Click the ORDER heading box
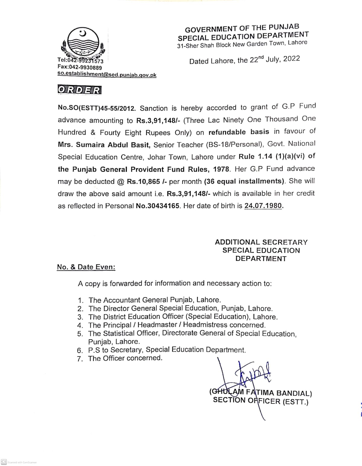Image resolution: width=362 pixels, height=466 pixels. (79, 90)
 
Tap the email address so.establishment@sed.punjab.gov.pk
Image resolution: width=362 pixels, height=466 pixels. (107, 75)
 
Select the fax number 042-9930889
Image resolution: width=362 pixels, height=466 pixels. (80, 68)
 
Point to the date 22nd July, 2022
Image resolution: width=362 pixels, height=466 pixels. (274, 59)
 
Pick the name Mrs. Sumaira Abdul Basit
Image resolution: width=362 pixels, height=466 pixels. (104, 145)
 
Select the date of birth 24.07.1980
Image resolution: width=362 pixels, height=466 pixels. (263, 206)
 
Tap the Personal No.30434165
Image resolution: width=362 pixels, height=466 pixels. (158, 206)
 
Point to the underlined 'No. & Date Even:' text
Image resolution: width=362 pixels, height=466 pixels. (86, 267)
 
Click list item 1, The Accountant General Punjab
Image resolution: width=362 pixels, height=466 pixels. (154, 300)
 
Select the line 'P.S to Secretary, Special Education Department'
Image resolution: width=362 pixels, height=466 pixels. (167, 350)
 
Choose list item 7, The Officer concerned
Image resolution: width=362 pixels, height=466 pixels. (125, 358)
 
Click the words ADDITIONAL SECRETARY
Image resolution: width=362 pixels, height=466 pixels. (261, 242)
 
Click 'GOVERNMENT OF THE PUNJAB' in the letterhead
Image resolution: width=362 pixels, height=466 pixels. (242, 28)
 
